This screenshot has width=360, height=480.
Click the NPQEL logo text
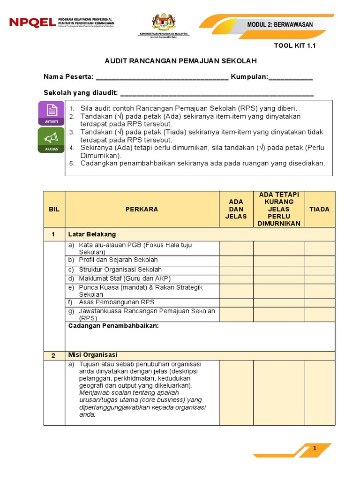32,22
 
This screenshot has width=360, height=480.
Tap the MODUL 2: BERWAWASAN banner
280,24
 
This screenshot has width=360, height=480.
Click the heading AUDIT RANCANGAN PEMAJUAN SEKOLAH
180,61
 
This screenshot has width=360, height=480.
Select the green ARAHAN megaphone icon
52,140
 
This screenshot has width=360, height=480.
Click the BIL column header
54,209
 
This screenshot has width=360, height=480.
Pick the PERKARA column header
142,209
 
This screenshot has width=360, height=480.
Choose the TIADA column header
319,209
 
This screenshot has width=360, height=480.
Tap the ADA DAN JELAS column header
236,209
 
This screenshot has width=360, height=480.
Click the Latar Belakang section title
92,234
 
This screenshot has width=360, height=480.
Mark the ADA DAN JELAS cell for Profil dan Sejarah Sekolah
236,260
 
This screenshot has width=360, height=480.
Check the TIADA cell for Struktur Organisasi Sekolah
320,270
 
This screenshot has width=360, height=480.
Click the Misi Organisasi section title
93,355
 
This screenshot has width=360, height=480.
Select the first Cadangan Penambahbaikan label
113,326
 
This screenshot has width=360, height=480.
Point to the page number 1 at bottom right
315,449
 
